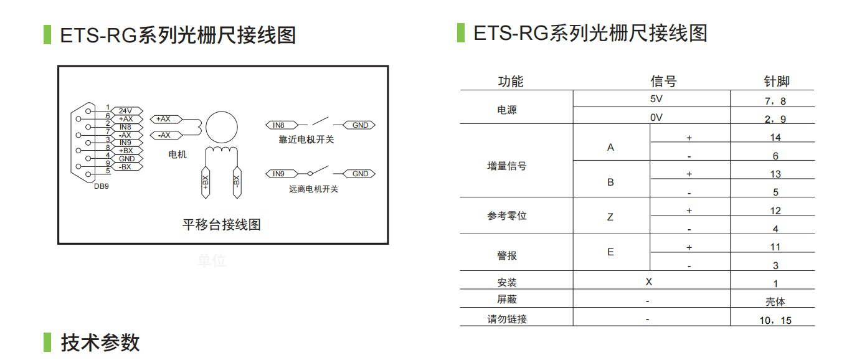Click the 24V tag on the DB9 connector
click(126, 111)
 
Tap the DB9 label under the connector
click(101, 186)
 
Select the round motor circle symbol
click(222, 128)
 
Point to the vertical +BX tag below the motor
click(206, 182)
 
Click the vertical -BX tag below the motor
click(237, 182)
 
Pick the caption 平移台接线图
click(222, 224)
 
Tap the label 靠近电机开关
click(306, 140)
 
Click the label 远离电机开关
click(313, 189)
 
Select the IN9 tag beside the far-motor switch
click(282, 174)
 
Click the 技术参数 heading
click(100, 343)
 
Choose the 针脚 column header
click(777, 81)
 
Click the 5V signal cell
click(656, 99)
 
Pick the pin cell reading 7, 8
click(775, 102)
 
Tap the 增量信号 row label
click(506, 166)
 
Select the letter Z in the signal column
click(610, 217)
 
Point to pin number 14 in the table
click(775, 138)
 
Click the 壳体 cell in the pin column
click(775, 301)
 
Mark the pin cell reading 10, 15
click(775, 320)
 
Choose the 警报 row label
click(506, 255)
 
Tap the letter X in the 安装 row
click(649, 282)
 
